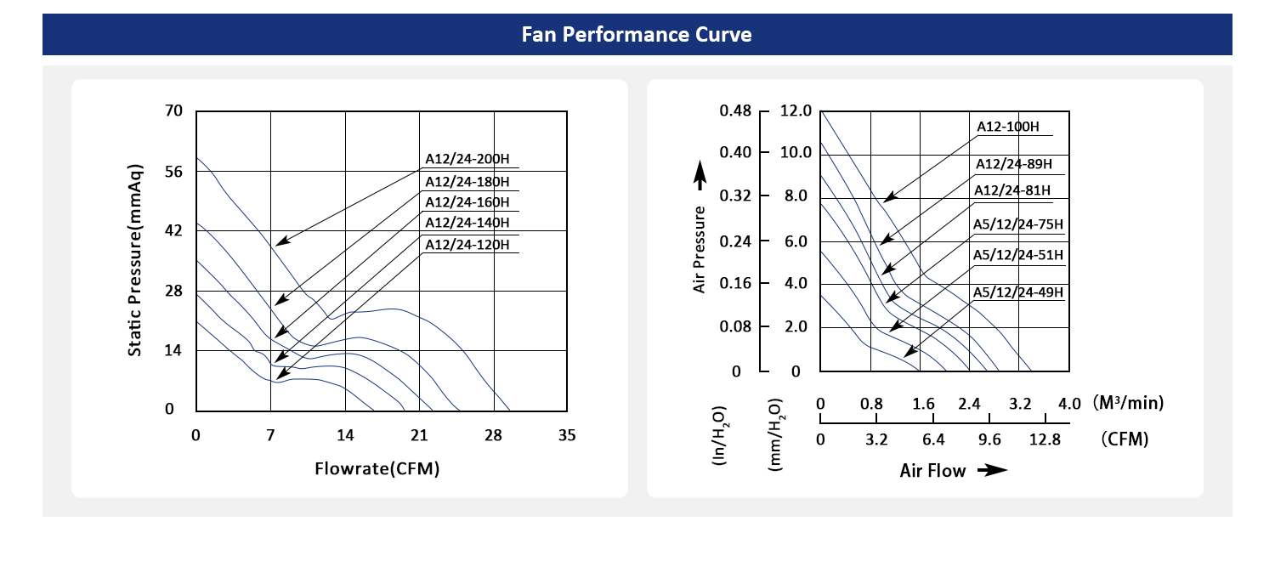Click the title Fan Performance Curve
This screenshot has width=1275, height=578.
click(x=637, y=35)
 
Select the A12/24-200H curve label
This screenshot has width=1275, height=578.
click(x=467, y=159)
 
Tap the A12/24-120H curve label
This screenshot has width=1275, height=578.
click(x=467, y=245)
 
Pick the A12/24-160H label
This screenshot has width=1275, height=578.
click(x=467, y=202)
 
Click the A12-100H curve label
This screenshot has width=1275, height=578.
click(x=1007, y=127)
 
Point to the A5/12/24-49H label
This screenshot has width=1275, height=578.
click(x=1017, y=292)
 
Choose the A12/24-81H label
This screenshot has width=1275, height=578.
click(x=1012, y=190)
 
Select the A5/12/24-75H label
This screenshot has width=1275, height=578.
click(x=1017, y=224)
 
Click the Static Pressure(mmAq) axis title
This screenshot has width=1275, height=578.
click(x=134, y=259)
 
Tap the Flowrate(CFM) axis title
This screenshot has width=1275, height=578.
click(x=377, y=468)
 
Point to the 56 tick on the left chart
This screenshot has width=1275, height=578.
click(x=173, y=172)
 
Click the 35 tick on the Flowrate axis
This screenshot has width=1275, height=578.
click(x=567, y=436)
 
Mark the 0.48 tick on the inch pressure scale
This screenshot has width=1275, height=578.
click(x=734, y=110)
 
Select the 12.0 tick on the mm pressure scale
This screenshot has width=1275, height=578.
click(x=796, y=110)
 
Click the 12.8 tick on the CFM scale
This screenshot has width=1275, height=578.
click(x=1045, y=439)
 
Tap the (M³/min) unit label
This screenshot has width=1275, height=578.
click(x=1128, y=402)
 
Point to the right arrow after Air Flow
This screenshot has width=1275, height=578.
click(x=990, y=470)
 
